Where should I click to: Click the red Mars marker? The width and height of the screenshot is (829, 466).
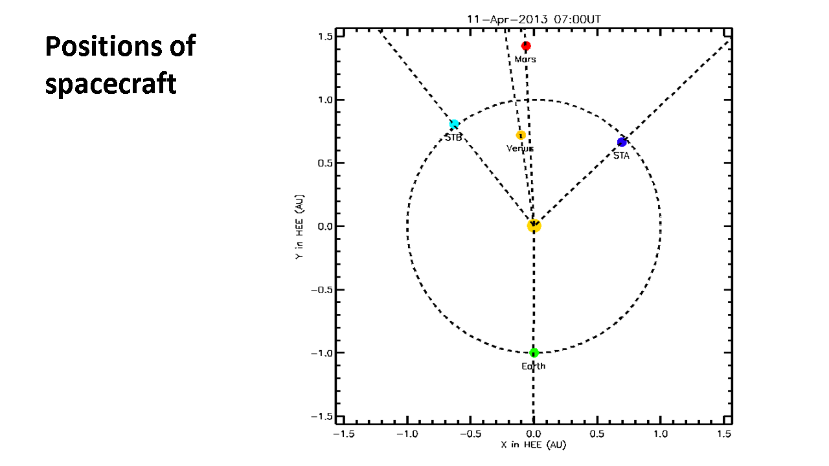(x=526, y=46)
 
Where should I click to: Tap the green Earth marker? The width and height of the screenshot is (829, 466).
(x=534, y=353)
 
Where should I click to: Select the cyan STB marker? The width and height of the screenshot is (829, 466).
(x=454, y=124)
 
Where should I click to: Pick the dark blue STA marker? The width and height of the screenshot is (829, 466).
(x=622, y=142)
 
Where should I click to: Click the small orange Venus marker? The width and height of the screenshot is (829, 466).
(x=521, y=135)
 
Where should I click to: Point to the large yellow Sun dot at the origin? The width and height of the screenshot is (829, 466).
(x=534, y=226)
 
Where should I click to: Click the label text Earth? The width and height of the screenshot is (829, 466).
(x=534, y=366)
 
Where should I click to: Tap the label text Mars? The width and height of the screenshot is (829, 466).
(x=525, y=60)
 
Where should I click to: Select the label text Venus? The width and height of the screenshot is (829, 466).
(x=520, y=149)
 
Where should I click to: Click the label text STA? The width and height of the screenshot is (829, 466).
(x=621, y=156)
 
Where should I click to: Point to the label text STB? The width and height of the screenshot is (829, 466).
(x=453, y=138)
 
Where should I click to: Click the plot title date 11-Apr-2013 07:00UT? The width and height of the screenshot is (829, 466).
(x=534, y=19)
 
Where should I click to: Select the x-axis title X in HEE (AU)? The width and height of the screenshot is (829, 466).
(x=534, y=445)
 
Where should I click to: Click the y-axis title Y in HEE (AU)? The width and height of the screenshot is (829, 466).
(x=299, y=227)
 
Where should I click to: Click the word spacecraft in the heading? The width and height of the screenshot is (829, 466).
(x=111, y=84)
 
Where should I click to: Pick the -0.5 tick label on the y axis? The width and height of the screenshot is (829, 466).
(x=322, y=290)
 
